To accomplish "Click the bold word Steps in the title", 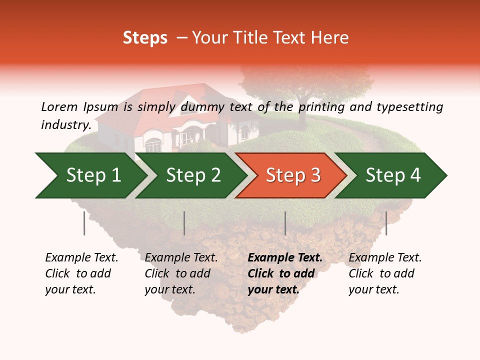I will point(145,37).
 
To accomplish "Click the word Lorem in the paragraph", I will point(59,106).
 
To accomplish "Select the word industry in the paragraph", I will point(65,124).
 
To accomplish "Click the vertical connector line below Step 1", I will point(84,223).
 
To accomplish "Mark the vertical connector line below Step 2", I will point(184,223).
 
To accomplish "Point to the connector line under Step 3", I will point(285,223).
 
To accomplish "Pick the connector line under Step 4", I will point(386,223).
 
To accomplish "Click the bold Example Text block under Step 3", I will point(285,273).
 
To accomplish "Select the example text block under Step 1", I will point(81,273).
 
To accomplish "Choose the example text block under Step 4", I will point(385,273).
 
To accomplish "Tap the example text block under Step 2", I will point(181,273).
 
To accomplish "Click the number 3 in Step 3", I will point(315,175).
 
